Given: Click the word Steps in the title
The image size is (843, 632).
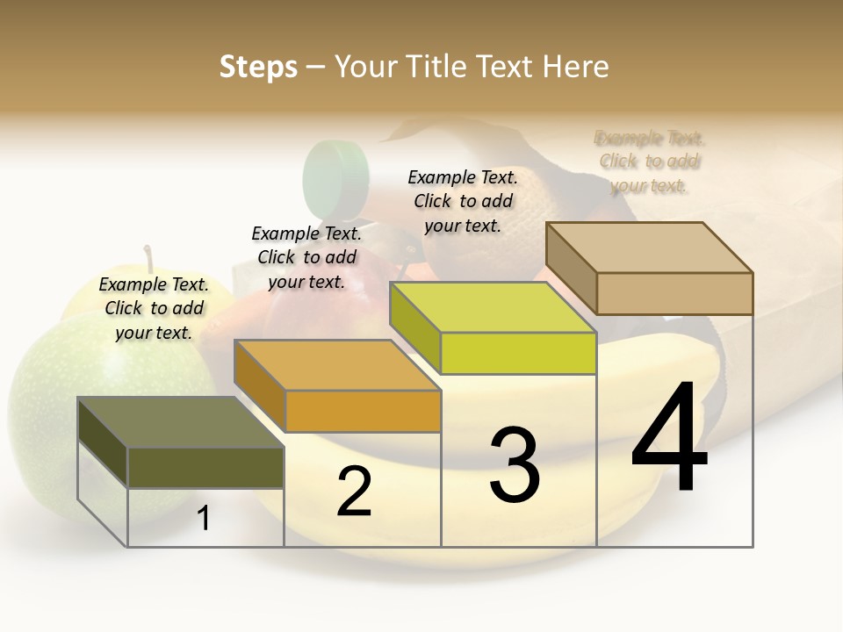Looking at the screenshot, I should click(258, 67).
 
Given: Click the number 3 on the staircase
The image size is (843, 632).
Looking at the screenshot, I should click(515, 465).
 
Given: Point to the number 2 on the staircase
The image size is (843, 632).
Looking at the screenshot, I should click(354, 492).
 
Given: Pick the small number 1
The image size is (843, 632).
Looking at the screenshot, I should click(204, 519).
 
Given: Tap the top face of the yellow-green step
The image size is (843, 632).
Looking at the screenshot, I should click(492, 307).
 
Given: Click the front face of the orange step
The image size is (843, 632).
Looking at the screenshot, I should click(364, 411).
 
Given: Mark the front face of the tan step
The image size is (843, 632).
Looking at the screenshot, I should click(674, 293).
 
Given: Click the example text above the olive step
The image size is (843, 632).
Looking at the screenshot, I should click(154, 308).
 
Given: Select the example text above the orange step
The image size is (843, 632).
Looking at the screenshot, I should click(306, 257).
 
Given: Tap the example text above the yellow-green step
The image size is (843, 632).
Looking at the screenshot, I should click(463, 201).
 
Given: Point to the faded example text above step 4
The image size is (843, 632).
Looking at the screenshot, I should click(650, 162).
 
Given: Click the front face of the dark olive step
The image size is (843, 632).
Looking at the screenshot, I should click(205, 467).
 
